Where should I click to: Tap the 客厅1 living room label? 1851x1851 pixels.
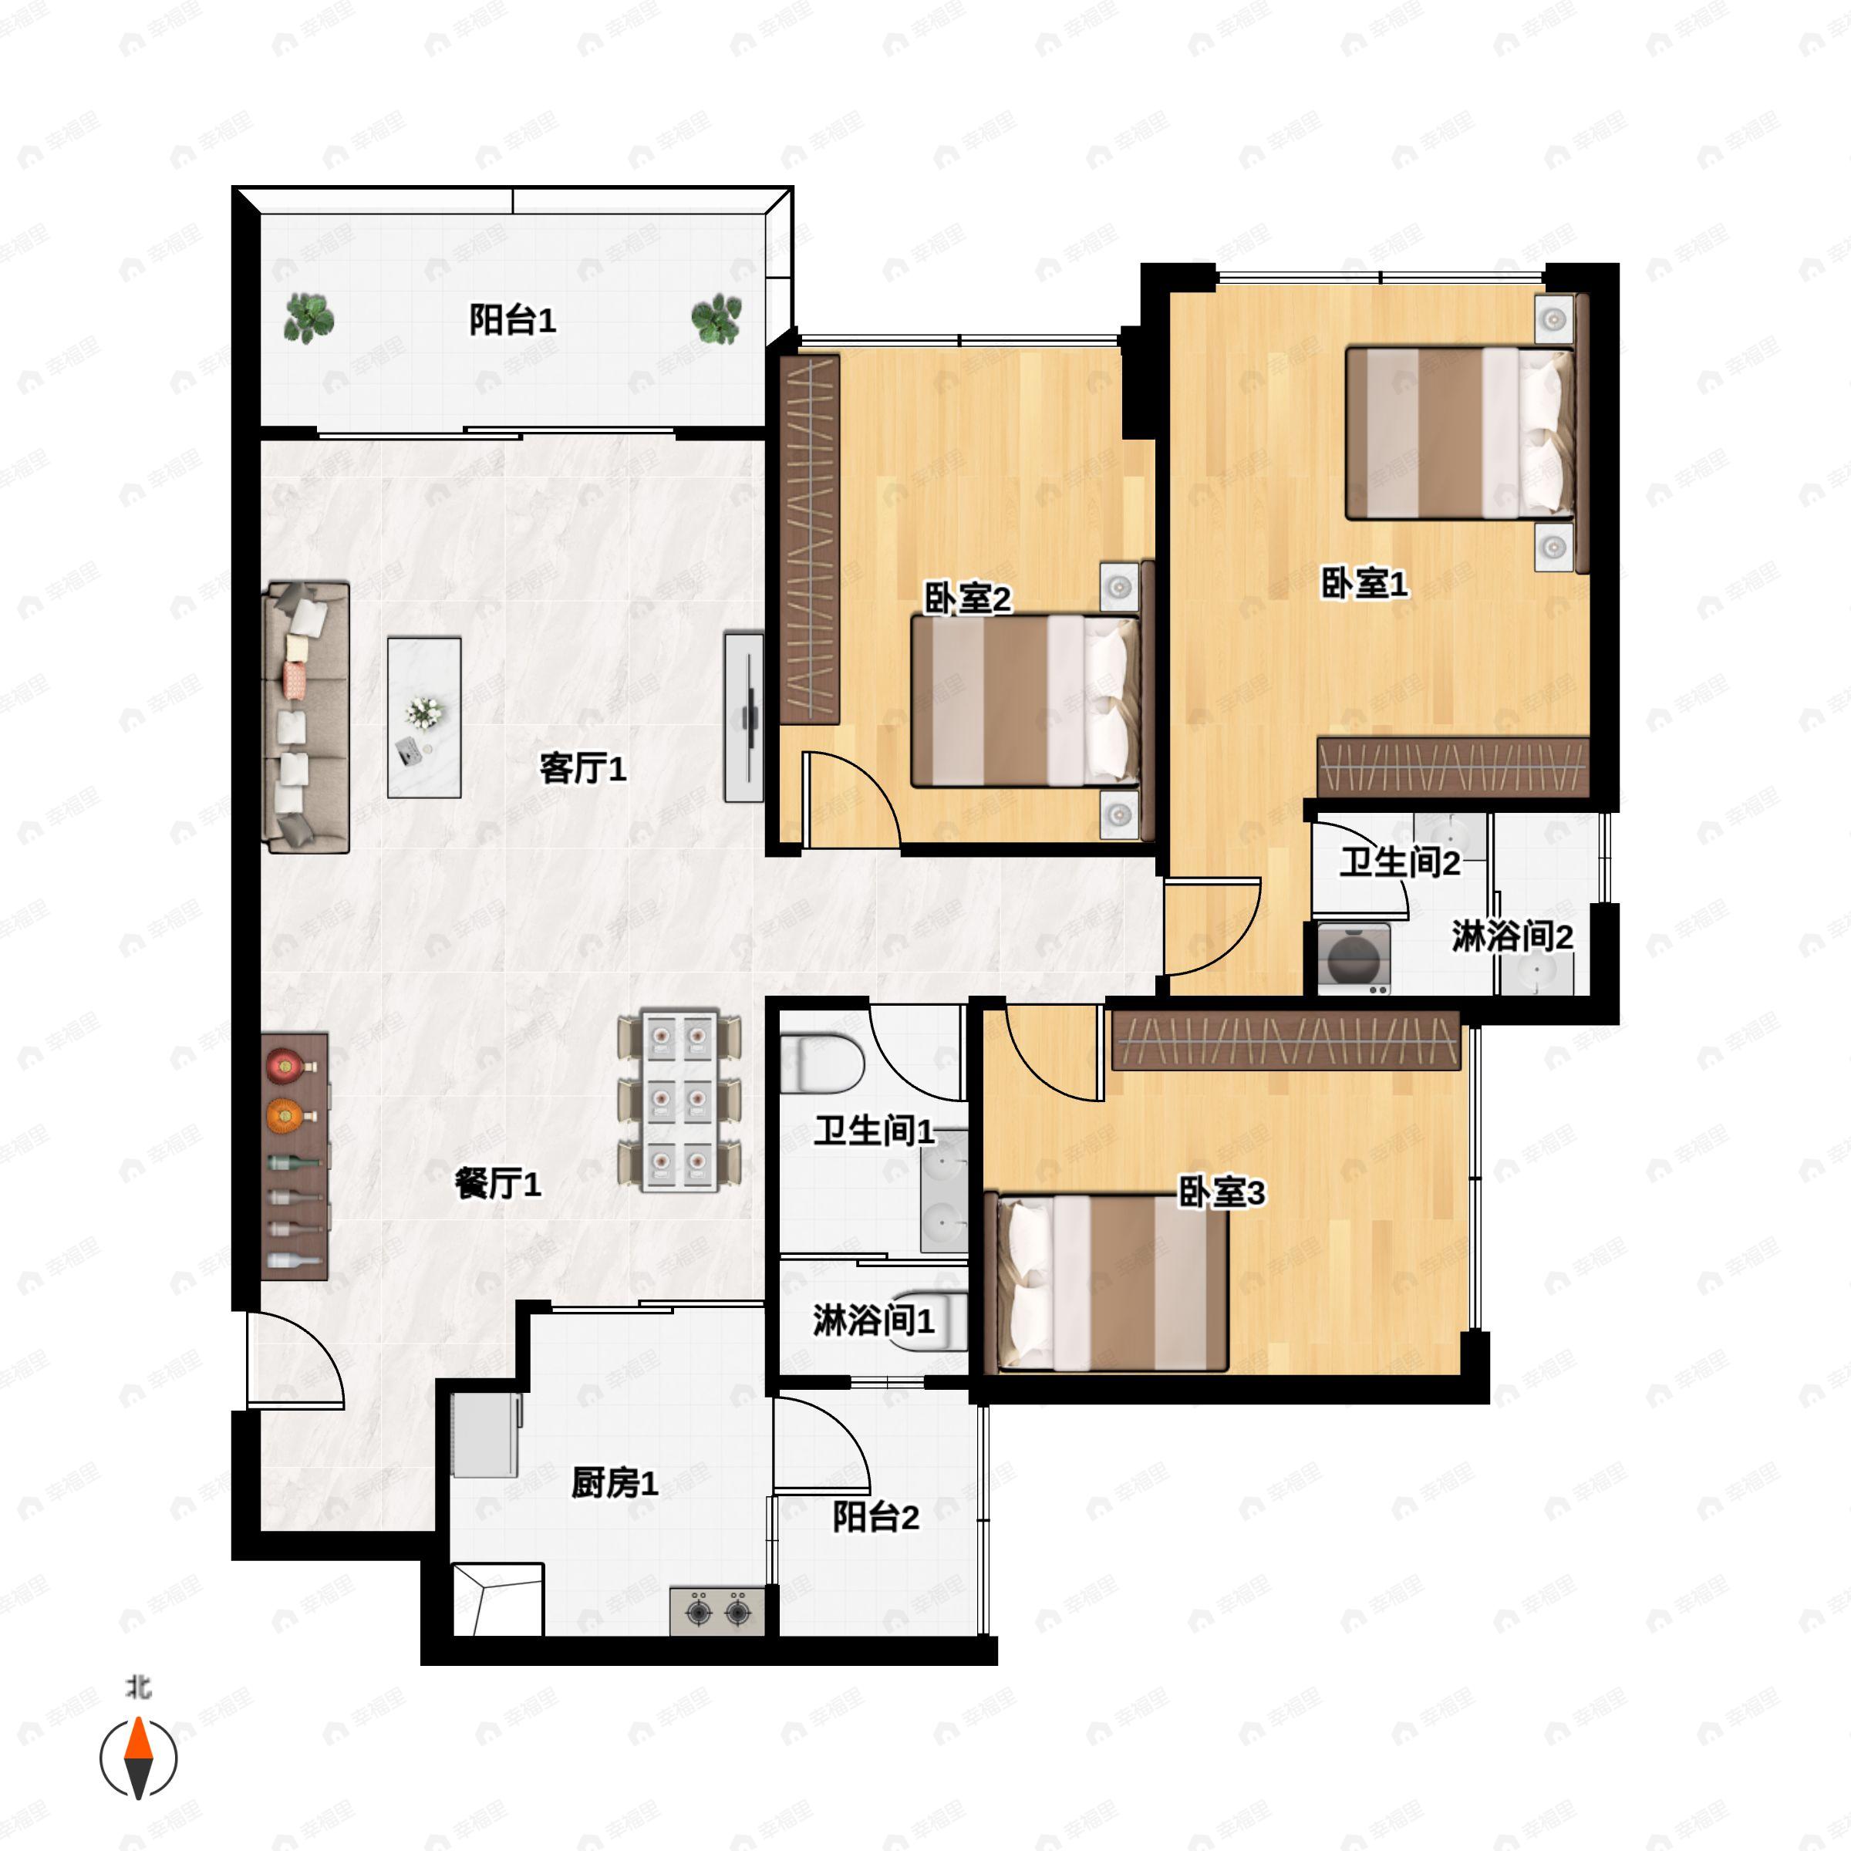582,767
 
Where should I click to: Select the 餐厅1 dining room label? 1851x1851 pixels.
498,1183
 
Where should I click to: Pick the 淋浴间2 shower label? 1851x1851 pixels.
1512,936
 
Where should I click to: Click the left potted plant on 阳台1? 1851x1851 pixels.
308,318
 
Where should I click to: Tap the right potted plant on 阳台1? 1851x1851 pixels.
716,318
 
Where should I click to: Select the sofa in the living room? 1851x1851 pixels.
305,716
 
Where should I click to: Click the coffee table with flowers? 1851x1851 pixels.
424,717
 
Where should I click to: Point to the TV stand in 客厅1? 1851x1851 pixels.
744,716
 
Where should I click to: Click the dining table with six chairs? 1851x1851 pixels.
679,1100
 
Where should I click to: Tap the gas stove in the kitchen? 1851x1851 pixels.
717,1611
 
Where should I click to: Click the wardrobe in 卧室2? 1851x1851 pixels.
811,538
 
